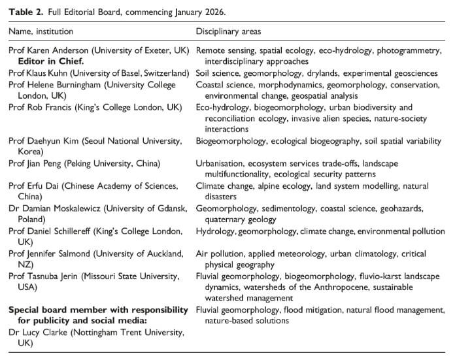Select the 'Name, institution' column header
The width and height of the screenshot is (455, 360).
[41, 31]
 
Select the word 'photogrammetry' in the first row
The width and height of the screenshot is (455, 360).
[410, 50]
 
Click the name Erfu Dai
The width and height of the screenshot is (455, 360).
[44, 186]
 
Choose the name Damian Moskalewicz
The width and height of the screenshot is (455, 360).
[60, 208]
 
